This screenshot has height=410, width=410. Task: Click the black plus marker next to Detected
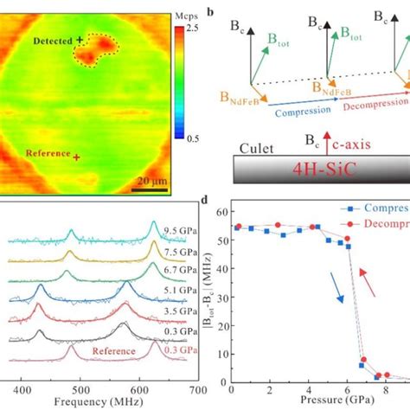(80, 39)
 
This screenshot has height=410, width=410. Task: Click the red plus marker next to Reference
(77, 157)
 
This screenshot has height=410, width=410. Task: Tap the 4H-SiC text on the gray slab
(334, 170)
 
